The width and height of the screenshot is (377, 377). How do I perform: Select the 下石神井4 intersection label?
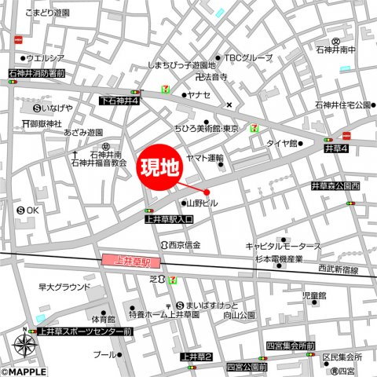pyautogui.click(x=120, y=101)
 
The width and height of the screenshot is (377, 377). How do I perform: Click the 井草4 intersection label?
pyautogui.click(x=336, y=147)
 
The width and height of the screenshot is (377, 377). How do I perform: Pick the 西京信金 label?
pyautogui.click(x=184, y=245)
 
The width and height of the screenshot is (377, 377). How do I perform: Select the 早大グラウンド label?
pyautogui.click(x=65, y=287)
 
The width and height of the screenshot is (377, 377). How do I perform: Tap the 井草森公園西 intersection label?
pyautogui.click(x=335, y=186)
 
